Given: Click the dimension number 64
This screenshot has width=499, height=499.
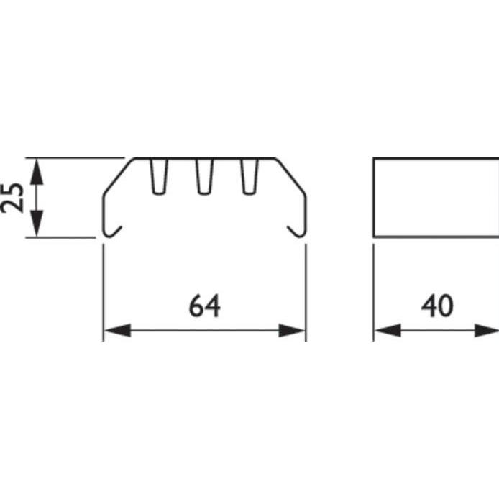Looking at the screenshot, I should pos(205,306).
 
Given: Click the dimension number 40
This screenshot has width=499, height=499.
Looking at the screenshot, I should pos(437,306).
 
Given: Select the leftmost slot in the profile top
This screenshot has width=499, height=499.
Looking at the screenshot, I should pos(160,176).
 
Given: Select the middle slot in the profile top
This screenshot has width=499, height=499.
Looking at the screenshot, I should pos(205,176).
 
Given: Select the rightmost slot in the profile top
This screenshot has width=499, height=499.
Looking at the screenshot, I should pos(249,176).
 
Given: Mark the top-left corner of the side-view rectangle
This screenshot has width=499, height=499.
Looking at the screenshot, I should pos(374,158).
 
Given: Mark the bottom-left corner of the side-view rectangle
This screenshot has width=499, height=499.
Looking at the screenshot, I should pos(374,235).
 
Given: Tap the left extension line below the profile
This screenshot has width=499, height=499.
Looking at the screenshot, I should pos(104,288).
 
